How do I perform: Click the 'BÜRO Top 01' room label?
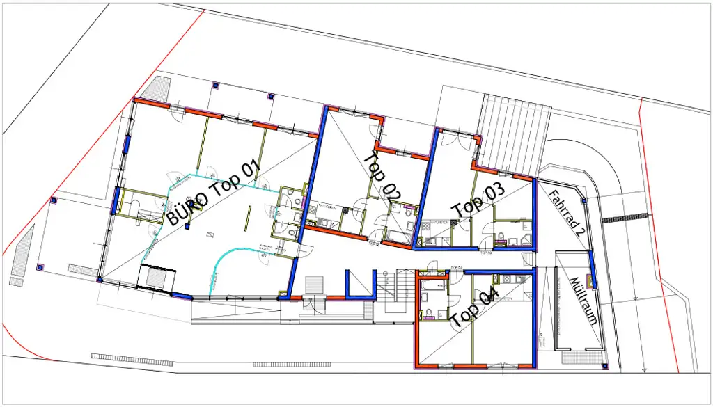point(213,193)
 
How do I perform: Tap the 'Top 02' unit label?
point(382,175)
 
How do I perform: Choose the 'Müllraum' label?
point(583,301)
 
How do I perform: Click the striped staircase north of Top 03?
point(514,136)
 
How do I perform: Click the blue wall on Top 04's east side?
point(537,320)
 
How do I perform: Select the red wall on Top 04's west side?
point(416,320)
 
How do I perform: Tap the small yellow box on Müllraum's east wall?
point(592,281)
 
